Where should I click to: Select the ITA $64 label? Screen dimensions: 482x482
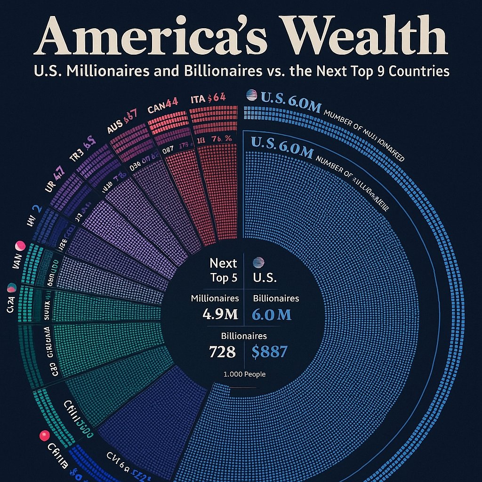point(208,99)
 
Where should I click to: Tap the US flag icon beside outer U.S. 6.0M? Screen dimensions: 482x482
point(252,95)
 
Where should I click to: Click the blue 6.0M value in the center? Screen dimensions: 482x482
point(272,314)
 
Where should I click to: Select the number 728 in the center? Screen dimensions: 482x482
point(222,351)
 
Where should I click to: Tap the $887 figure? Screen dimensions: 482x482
point(270,351)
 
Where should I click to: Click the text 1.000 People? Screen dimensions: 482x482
point(244,374)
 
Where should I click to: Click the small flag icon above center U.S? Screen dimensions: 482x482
point(259,263)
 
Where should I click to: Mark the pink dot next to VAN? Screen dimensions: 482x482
point(20,246)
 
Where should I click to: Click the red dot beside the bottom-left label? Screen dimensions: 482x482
point(45,435)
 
